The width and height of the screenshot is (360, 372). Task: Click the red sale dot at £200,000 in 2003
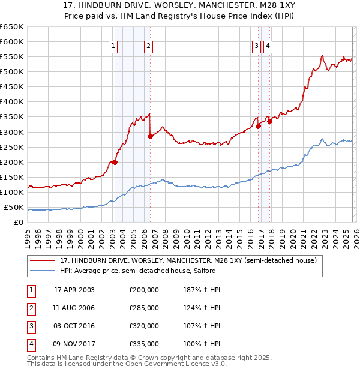115,162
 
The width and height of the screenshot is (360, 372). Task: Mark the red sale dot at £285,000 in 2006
150,136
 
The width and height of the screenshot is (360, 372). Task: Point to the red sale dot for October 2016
258,126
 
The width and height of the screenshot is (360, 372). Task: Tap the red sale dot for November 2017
269,121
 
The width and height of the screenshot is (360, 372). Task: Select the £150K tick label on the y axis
12,178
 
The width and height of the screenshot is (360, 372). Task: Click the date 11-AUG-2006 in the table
74,308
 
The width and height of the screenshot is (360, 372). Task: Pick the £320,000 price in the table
144,326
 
